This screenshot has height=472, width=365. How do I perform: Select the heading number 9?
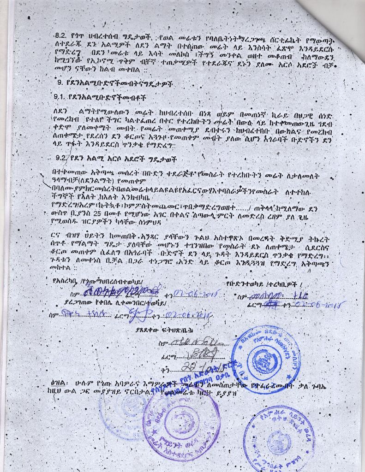59,83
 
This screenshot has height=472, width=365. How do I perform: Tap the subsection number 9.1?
60,98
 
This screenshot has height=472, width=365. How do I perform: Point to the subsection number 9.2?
62,158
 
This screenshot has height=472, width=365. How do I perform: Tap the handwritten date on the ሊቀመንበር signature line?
190,315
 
